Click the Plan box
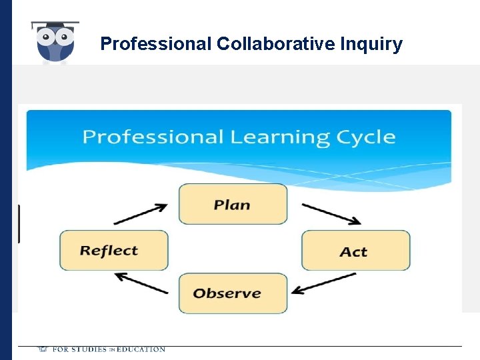pos(233,204)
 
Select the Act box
pos(355,251)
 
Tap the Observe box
pos(233,293)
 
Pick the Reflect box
pos(113,251)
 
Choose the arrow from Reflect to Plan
pos(141,214)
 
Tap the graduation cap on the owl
pos(55,25)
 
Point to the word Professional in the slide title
pos(155,44)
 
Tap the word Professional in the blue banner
pos(153,138)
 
